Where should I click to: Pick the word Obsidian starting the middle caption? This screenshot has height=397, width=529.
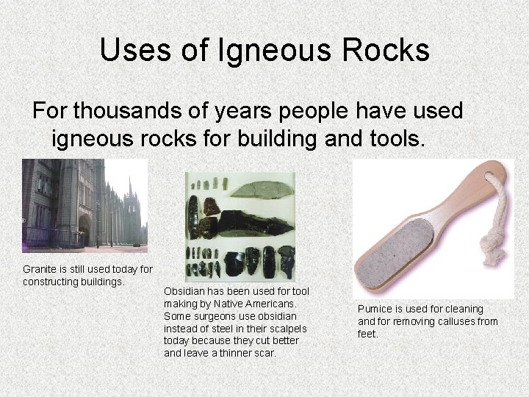pos(183,291)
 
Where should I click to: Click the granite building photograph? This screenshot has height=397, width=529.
pos(84,204)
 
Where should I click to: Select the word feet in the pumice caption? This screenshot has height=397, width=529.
pos(367,334)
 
